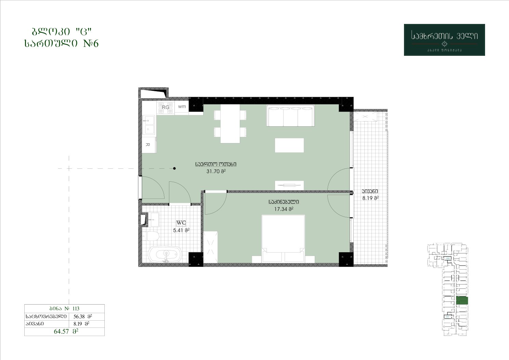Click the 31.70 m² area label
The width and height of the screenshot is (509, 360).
(216, 171)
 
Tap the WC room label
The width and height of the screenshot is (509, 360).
(181, 223)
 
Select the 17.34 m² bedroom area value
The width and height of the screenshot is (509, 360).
(284, 209)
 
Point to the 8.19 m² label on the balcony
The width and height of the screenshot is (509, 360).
(370, 198)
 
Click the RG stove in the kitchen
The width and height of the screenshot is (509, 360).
(166, 107)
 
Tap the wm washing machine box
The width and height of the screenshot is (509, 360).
(182, 106)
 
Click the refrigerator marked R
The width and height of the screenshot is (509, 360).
(149, 145)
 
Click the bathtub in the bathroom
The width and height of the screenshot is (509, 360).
(165, 254)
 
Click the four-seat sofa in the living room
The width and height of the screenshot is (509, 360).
(291, 116)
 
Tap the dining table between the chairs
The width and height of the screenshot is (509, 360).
(230, 124)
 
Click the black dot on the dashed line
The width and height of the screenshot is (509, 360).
(174, 168)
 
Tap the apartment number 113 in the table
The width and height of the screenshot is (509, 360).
(76, 308)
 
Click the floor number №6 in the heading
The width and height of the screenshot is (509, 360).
(91, 43)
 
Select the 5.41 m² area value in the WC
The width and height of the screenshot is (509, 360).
(181, 230)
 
